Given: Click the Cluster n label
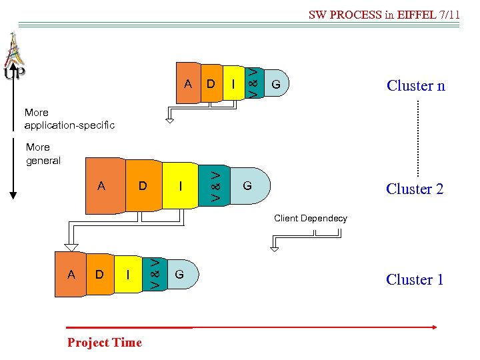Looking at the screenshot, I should [415, 85].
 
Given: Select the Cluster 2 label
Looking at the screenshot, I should [414, 189].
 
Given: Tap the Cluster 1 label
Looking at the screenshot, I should [414, 279].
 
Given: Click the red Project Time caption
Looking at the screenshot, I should [105, 343].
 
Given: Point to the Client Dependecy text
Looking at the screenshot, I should [311, 218].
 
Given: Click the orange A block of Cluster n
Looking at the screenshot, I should [188, 84].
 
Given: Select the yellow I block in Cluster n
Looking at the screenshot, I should [233, 84].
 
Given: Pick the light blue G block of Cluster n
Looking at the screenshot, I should [275, 85].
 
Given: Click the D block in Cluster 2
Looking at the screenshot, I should [143, 186].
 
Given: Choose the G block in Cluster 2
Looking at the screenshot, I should [247, 185].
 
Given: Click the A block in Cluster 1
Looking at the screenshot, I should [71, 274].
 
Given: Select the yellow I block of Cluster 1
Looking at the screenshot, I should [129, 274].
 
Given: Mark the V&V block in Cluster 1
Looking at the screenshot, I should [154, 273].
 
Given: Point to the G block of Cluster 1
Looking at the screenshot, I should [179, 274].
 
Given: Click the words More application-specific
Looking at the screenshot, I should [69, 119].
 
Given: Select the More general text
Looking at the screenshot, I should [43, 154].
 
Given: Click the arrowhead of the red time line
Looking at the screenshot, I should [434, 327].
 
